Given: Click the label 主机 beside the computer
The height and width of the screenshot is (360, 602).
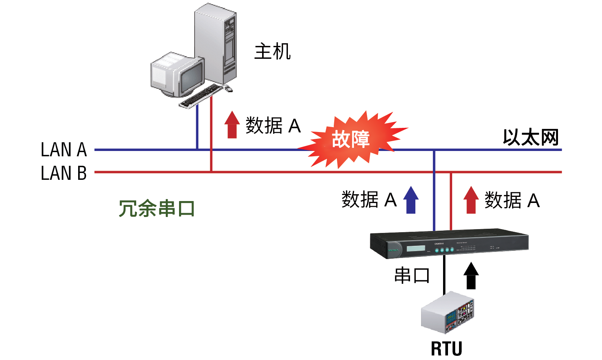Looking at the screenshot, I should pos(272,52).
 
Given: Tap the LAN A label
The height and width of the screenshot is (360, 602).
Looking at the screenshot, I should pos(64,149).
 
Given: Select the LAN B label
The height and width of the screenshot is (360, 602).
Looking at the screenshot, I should pos(64,173).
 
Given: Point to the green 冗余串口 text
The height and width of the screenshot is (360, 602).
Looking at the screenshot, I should pos(157,209).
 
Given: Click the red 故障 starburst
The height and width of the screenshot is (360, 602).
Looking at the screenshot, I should pos(351,139).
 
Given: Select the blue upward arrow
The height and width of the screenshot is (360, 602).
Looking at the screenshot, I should pos(411,200).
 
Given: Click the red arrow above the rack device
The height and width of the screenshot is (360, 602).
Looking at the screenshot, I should pos(471,200).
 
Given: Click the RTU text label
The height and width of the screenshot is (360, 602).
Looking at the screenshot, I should pos(446,349).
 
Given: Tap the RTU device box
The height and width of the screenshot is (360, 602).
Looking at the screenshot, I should pos(448,313).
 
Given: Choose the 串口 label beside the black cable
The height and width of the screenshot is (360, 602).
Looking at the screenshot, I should pos(412,275).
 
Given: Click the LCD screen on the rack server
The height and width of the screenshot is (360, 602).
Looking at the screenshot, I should pos(416,248).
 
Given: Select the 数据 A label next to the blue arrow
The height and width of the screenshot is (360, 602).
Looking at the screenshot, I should pos(369,200).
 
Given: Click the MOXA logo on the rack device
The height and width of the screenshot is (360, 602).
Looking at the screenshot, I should pos(393,250).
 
